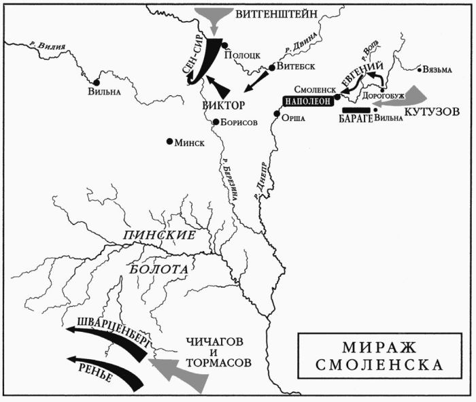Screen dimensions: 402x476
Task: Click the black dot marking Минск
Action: (169, 142)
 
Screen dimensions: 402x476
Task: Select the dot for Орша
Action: (277, 116)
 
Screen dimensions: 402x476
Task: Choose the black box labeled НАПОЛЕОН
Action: (306, 100)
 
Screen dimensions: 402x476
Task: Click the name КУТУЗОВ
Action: (432, 110)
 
